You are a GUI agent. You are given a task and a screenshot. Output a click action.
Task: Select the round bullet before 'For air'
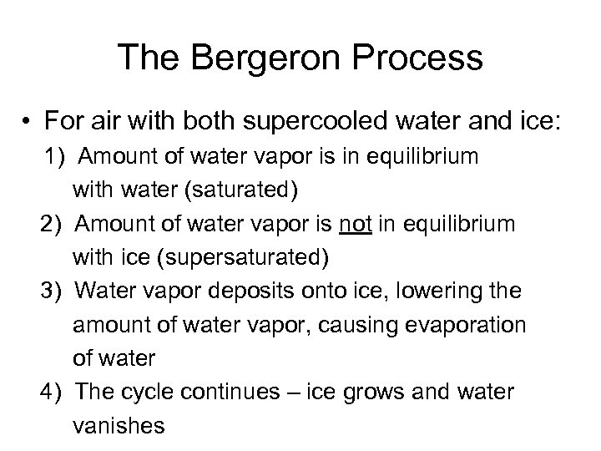coord(27,124)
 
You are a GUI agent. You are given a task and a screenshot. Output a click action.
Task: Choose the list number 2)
coord(49,225)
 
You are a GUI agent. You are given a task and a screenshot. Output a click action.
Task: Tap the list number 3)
coord(49,291)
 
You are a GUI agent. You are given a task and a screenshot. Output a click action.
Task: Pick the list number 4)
coord(49,392)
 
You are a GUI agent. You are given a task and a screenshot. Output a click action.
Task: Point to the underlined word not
coord(352,225)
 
